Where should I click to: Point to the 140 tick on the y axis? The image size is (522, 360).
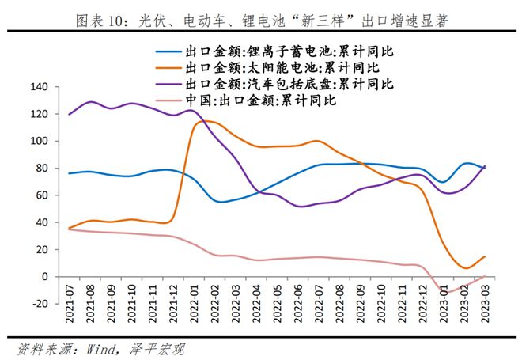39,87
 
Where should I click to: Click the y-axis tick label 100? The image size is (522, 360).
39,142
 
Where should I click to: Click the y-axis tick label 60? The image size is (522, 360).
41,195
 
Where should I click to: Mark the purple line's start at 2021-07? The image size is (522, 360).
69,115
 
